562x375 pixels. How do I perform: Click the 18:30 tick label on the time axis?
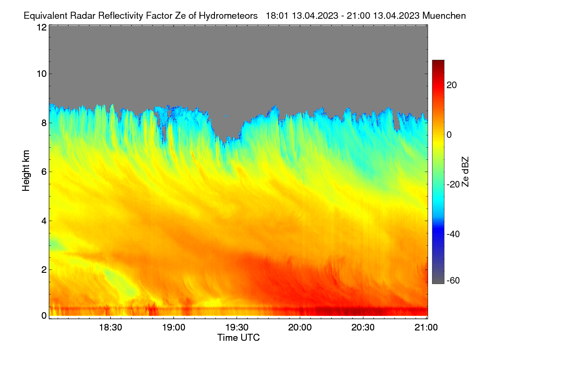pyautogui.click(x=111, y=328)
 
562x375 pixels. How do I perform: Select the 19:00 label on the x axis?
pyautogui.click(x=174, y=328)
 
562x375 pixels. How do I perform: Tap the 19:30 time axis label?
pyautogui.click(x=237, y=328)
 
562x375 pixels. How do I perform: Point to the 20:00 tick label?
pyautogui.click(x=300, y=328)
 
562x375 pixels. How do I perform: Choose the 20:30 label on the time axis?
pyautogui.click(x=363, y=328)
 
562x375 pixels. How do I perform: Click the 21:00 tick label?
pyautogui.click(x=426, y=328)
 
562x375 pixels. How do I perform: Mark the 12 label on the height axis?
pyautogui.click(x=42, y=27)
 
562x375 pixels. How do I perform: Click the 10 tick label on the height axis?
pyautogui.click(x=42, y=74)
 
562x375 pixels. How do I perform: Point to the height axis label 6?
pyautogui.click(x=44, y=172)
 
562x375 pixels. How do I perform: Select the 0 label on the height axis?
pyautogui.click(x=44, y=315)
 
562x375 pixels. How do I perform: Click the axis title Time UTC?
pyautogui.click(x=238, y=337)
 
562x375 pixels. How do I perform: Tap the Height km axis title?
pyautogui.click(x=26, y=171)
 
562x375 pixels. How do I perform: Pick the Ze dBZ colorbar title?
pyautogui.click(x=465, y=172)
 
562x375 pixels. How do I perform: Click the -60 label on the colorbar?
pyautogui.click(x=453, y=281)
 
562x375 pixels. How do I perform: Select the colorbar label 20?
pyautogui.click(x=451, y=85)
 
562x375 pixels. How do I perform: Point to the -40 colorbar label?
pyautogui.click(x=453, y=234)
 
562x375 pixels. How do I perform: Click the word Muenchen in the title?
pyautogui.click(x=444, y=16)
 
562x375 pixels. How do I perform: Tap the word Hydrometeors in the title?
pyautogui.click(x=228, y=16)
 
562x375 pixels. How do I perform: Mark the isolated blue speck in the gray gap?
pyautogui.click(x=226, y=116)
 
